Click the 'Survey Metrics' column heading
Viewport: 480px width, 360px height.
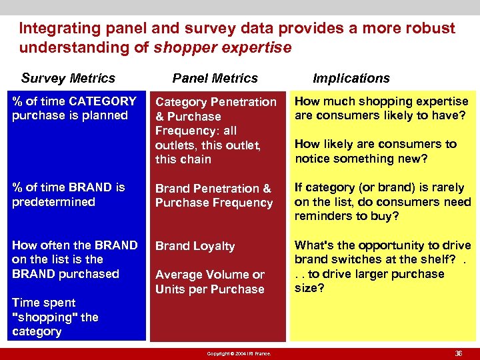pyautogui.click(x=68, y=78)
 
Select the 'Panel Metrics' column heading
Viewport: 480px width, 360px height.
pyautogui.click(x=215, y=78)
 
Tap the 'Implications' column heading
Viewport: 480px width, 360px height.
pyautogui.click(x=351, y=78)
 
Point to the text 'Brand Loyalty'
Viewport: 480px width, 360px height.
pyautogui.click(x=195, y=246)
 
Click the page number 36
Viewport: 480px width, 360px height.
pyautogui.click(x=458, y=353)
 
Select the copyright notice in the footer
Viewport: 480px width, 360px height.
pyautogui.click(x=239, y=353)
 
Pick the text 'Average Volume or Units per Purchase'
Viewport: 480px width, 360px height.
pyautogui.click(x=209, y=282)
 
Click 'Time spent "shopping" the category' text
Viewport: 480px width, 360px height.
pyautogui.click(x=55, y=317)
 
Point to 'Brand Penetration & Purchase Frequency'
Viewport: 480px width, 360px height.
pyautogui.click(x=213, y=195)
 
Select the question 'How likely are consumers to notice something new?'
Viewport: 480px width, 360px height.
pyautogui.click(x=375, y=151)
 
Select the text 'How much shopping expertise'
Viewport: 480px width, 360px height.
pyautogui.click(x=381, y=101)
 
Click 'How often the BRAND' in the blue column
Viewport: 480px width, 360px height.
pyautogui.click(x=75, y=245)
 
